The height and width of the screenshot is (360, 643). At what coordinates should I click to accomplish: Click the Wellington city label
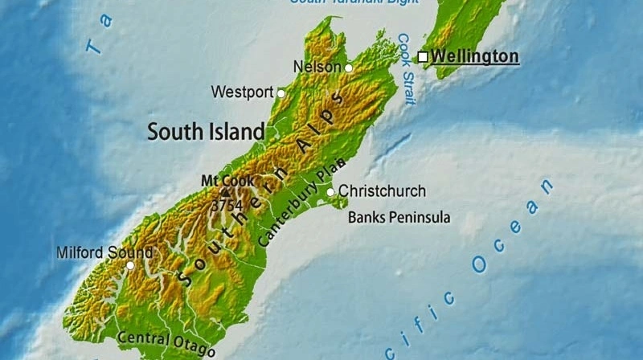[x=475, y=56]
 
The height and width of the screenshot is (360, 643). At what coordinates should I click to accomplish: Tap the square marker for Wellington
[x=423, y=57]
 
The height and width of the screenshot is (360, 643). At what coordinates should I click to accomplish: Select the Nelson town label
[x=317, y=67]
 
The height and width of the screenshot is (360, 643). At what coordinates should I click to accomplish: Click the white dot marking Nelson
[x=348, y=68]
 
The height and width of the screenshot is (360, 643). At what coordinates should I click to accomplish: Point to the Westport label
[x=242, y=92]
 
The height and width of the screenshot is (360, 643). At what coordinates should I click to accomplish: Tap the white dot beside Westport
[x=281, y=93]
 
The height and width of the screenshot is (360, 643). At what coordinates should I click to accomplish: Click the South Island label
[x=206, y=131]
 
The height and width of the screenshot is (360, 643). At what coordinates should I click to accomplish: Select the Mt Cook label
[x=227, y=181]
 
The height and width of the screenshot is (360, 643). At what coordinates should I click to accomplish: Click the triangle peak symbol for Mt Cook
[x=225, y=193]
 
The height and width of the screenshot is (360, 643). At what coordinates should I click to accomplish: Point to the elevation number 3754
[x=227, y=206]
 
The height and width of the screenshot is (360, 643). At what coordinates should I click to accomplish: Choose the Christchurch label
[x=382, y=191]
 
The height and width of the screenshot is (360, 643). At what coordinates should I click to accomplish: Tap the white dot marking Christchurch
[x=330, y=192]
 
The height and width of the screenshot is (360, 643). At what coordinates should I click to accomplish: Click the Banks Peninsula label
[x=399, y=218]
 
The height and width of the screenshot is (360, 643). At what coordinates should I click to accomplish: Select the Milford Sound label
[x=104, y=252]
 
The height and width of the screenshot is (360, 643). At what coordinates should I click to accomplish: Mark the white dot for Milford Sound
[x=130, y=265]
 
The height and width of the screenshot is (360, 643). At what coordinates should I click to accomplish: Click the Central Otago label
[x=166, y=342]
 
